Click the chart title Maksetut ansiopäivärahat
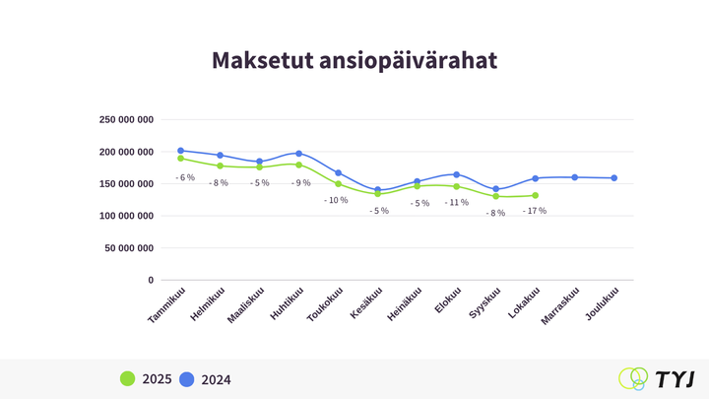pos(354,61)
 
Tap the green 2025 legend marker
pos(127,378)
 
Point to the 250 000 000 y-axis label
pos(127,119)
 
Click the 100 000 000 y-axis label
pos(127,216)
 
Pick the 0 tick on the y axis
pos(151,280)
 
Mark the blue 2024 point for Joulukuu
pos(614,178)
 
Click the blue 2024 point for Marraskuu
pos(575,177)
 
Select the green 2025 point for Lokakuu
pos(535,195)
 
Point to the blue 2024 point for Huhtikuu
pos(298,154)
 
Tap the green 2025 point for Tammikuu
pos(180,158)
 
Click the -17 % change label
pos(535,211)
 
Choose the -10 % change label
pos(336,200)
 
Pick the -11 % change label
pos(456,202)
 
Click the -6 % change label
pos(185,177)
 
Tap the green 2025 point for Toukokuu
pos(338,183)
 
